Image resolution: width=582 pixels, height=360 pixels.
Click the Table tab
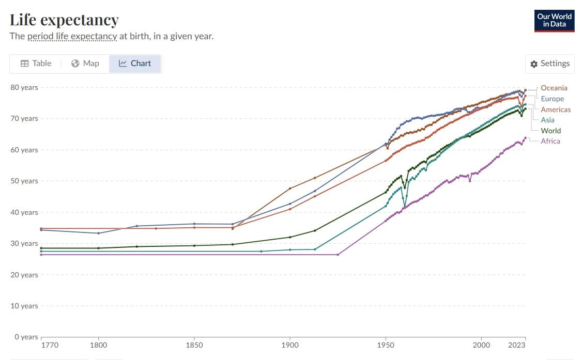pyautogui.click(x=36, y=64)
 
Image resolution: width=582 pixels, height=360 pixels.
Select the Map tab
pyautogui.click(x=85, y=64)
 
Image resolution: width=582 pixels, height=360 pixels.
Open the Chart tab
pyautogui.click(x=135, y=64)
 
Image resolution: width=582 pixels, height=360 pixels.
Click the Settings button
pyautogui.click(x=549, y=64)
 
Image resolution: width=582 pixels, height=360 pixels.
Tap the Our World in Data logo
pyautogui.click(x=555, y=20)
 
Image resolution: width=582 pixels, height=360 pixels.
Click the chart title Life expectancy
pyautogui.click(x=64, y=20)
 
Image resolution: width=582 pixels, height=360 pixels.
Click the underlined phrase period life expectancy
pyautogui.click(x=72, y=36)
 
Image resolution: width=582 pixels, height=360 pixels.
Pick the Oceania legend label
pyautogui.click(x=554, y=88)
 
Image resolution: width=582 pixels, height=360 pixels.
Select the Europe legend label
pyautogui.click(x=552, y=99)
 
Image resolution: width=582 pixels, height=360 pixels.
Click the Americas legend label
pyautogui.click(x=556, y=109)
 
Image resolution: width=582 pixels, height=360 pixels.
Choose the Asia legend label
pyautogui.click(x=547, y=120)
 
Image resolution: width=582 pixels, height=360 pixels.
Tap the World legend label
pyautogui.click(x=550, y=131)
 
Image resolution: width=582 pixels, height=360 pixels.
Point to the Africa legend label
pyautogui.click(x=550, y=141)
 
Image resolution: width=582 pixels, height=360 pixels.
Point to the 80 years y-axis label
pyautogui.click(x=24, y=87)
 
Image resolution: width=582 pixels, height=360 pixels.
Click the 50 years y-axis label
pyautogui.click(x=24, y=181)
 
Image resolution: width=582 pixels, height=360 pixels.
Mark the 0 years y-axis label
pyautogui.click(x=26, y=337)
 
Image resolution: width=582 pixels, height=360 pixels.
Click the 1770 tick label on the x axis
pyautogui.click(x=50, y=345)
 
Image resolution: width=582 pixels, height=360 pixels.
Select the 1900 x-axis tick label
pyautogui.click(x=289, y=345)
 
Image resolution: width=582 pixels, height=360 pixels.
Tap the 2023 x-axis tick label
pyautogui.click(x=517, y=345)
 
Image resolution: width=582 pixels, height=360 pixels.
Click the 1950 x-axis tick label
pyautogui.click(x=385, y=345)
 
